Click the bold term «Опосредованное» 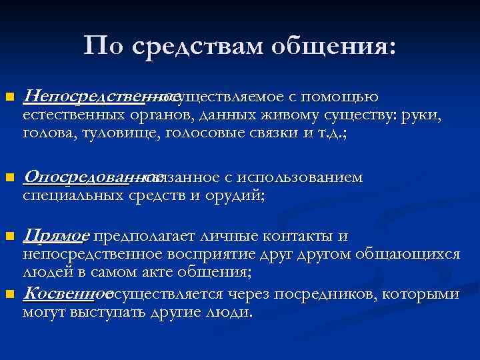(x=84, y=178)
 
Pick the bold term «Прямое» (x=56, y=236)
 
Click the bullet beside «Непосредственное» (x=9, y=98)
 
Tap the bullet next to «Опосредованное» (x=9, y=179)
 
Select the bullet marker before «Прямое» (x=9, y=237)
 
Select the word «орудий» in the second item (x=236, y=196)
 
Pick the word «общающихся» (x=407, y=254)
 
